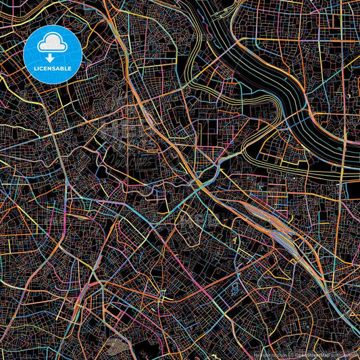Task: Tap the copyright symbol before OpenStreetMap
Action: (291, 354)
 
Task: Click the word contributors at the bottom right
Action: (344, 354)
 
